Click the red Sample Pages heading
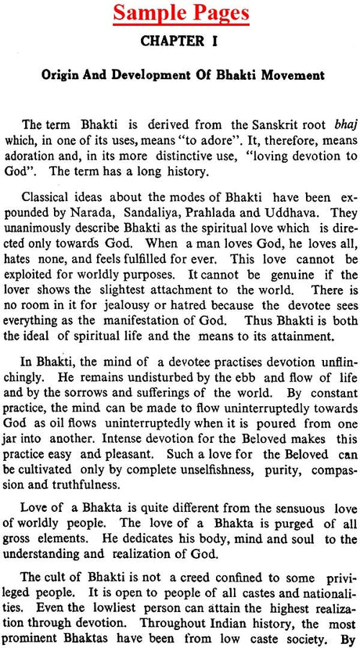coord(180,14)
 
